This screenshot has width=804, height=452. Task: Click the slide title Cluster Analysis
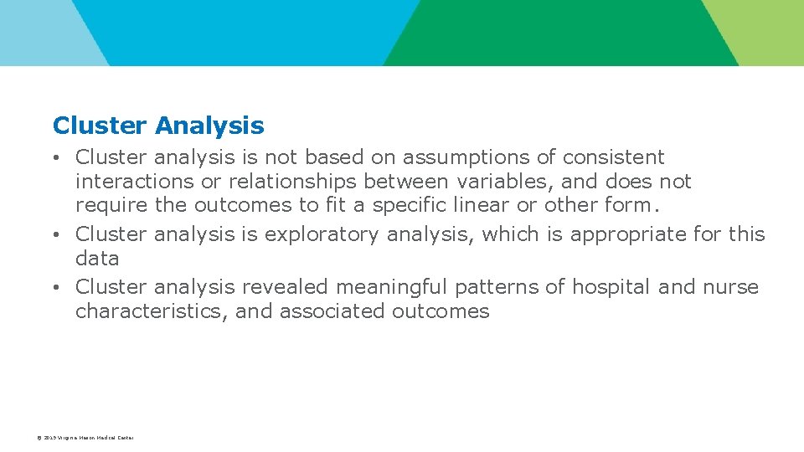158,126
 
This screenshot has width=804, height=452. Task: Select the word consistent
613,157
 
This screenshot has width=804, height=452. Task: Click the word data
97,259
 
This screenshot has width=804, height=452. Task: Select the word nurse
730,287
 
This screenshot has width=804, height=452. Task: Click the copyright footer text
85,438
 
